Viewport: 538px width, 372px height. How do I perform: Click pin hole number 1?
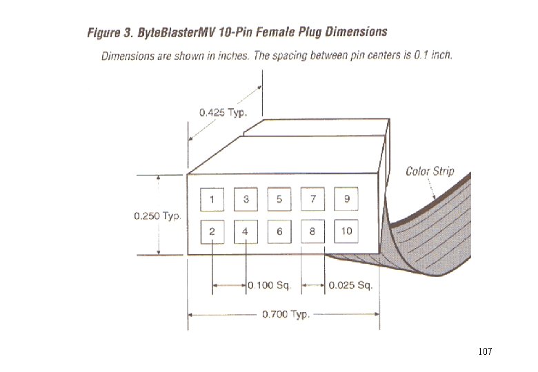coord(212,200)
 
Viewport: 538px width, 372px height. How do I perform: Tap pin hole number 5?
coord(279,200)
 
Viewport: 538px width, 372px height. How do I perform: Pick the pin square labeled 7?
coord(313,200)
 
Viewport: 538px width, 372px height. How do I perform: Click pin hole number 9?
coord(346,200)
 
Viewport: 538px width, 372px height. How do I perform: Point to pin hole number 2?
coord(212,231)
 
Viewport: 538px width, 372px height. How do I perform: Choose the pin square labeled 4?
coord(246,231)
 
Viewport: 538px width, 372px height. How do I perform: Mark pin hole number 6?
coord(279,231)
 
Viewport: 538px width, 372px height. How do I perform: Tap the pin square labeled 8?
coord(312,231)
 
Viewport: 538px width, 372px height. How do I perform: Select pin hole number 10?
coord(346,231)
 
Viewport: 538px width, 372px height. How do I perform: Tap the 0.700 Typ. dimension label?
coord(286,315)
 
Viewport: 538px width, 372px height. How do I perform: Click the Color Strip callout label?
coord(430,171)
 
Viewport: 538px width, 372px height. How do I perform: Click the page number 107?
coord(485,352)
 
